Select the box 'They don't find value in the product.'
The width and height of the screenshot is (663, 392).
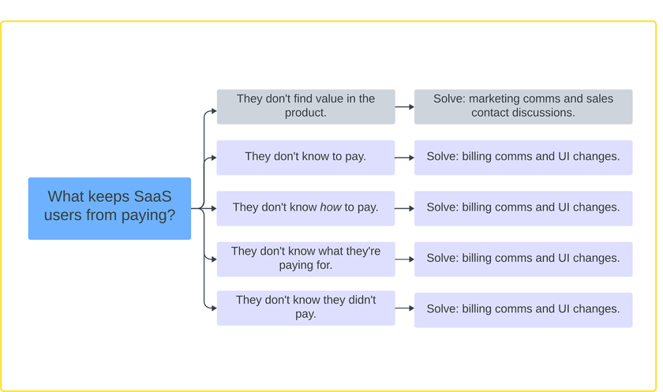pyautogui.click(x=305, y=106)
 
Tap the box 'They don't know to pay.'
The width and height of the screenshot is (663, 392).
pyautogui.click(x=305, y=157)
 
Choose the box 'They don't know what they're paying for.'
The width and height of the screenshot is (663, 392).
pyautogui.click(x=305, y=259)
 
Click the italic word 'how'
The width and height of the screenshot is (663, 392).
pyautogui.click(x=331, y=207)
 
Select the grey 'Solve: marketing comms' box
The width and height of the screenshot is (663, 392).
pyautogui.click(x=523, y=106)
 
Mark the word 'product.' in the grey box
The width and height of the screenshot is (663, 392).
pyautogui.click(x=305, y=113)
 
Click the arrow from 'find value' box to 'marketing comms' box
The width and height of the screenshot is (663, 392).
pyautogui.click(x=404, y=106)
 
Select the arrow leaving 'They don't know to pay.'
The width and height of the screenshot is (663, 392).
pyautogui.click(x=404, y=157)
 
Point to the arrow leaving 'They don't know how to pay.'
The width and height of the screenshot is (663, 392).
pyautogui.click(x=404, y=208)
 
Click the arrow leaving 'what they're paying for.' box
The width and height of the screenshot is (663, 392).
pyautogui.click(x=404, y=259)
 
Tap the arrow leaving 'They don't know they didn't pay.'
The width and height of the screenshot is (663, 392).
pyautogui.click(x=404, y=308)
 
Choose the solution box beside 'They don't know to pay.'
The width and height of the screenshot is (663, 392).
pyautogui.click(x=523, y=157)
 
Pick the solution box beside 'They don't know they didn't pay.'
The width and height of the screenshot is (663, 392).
pyautogui.click(x=523, y=309)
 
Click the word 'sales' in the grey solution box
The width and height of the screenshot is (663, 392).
pyautogui.click(x=599, y=99)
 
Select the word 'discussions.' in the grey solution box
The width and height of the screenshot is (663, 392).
pyautogui.click(x=543, y=113)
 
